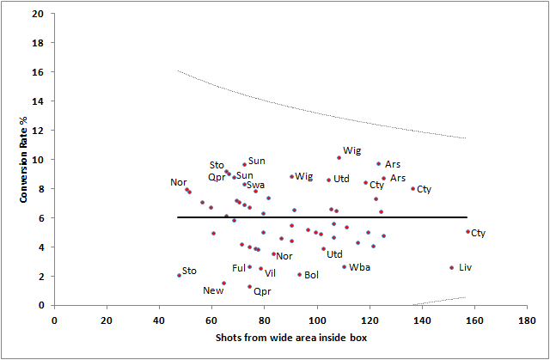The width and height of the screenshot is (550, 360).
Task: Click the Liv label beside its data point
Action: pyautogui.click(x=465, y=267)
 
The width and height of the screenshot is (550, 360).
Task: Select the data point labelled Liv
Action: pyautogui.click(x=451, y=267)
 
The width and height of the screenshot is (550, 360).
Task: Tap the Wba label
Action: pyautogui.click(x=359, y=267)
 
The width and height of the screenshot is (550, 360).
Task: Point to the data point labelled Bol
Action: pyautogui.click(x=300, y=275)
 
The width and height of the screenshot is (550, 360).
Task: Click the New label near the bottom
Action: pyautogui.click(x=214, y=290)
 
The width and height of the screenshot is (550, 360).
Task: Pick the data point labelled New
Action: pyautogui.click(x=224, y=284)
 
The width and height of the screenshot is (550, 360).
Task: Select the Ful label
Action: pyautogui.click(x=239, y=268)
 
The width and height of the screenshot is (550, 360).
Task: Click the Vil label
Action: pyautogui.click(x=270, y=273)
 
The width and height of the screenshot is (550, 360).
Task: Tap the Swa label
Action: pyautogui.click(x=255, y=185)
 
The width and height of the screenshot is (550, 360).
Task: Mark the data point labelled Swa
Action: pyautogui.click(x=245, y=184)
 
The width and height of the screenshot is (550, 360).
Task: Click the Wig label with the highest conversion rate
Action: pyautogui.click(x=352, y=151)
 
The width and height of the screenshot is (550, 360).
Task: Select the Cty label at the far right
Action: pyautogui.click(x=479, y=233)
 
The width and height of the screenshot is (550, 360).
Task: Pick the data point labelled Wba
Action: pyautogui.click(x=345, y=266)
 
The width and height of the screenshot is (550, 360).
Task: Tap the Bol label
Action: pyautogui.click(x=311, y=275)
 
